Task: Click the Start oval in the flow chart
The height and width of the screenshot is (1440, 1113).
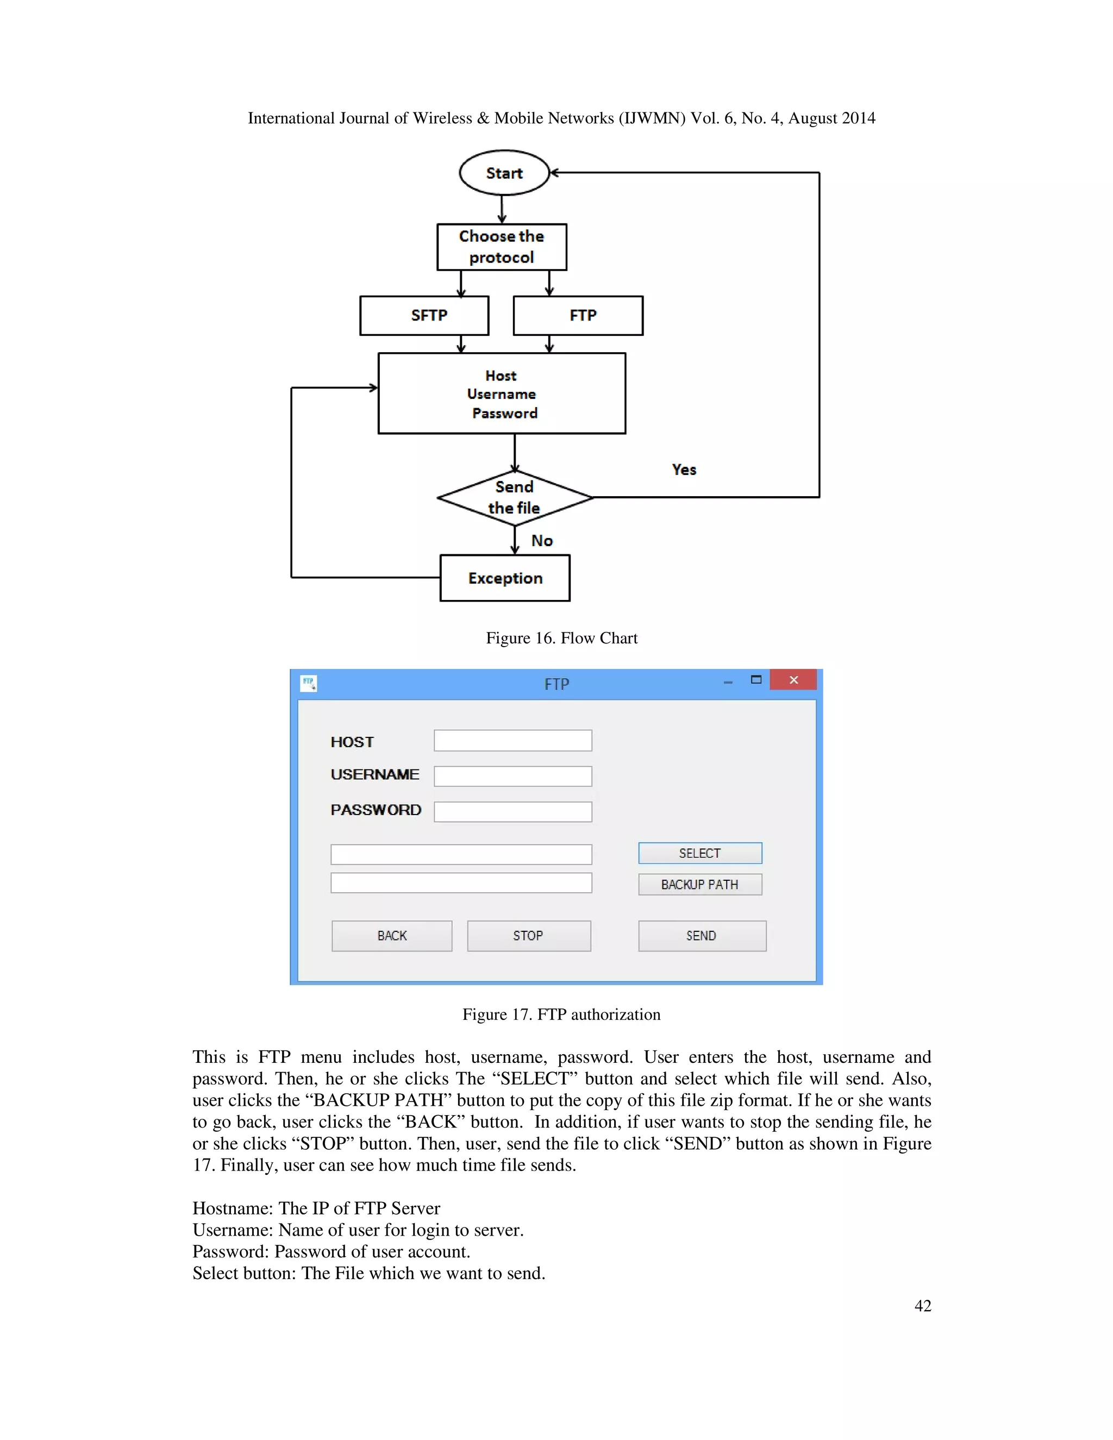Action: (x=504, y=173)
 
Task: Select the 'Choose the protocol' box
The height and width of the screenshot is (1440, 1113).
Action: (x=501, y=247)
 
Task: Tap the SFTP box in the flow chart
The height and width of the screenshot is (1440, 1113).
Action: (x=424, y=316)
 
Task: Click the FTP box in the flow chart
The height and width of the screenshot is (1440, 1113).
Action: (x=578, y=316)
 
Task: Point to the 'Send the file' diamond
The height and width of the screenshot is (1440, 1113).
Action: (x=514, y=498)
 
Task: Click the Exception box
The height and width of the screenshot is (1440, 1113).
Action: (x=505, y=578)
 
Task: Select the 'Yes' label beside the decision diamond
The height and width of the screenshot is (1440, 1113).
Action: (x=684, y=469)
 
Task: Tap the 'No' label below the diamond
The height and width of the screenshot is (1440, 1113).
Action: (x=542, y=541)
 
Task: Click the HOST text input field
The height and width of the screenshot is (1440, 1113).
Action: (x=512, y=741)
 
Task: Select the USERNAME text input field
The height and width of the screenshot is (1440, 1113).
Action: (x=512, y=776)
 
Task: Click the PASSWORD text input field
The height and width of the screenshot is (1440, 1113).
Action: (x=512, y=812)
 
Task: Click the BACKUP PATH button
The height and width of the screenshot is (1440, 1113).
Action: (x=699, y=884)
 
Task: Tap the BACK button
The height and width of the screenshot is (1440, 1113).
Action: (x=392, y=936)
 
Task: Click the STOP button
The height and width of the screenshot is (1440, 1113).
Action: (x=528, y=936)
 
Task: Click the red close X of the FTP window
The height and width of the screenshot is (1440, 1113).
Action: (x=793, y=680)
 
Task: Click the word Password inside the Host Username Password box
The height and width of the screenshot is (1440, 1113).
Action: (x=504, y=414)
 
